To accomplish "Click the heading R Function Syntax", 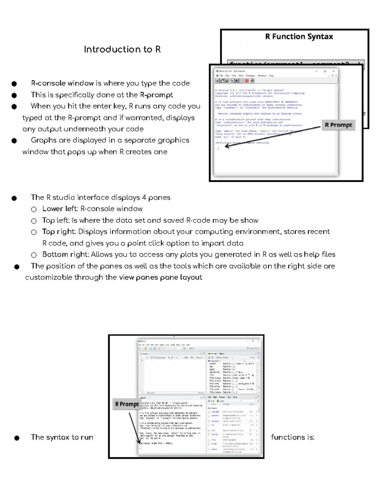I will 299,37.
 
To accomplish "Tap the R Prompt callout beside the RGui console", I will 338,125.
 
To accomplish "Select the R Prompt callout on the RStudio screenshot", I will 127,404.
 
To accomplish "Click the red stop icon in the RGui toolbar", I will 247,81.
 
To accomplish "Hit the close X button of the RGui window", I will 333,71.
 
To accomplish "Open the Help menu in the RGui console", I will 271,76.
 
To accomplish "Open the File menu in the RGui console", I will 221,76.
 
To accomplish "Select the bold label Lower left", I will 60,209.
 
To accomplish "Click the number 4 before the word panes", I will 144,197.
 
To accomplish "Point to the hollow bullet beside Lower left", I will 34,209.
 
